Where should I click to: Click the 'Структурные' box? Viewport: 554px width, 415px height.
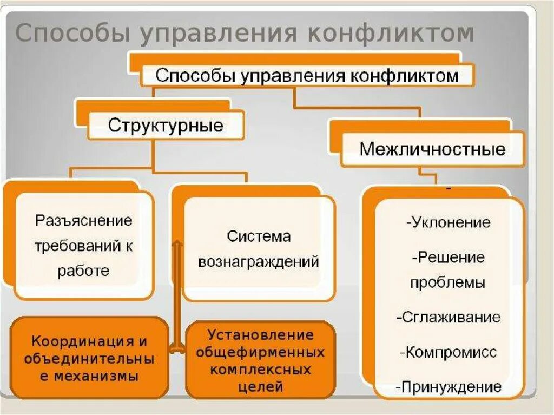coord(166,126)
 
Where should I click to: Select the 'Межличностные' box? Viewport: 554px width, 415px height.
coord(432,149)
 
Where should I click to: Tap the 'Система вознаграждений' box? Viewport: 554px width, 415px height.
coord(259,249)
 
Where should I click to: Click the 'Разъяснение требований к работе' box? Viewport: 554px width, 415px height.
coord(84,246)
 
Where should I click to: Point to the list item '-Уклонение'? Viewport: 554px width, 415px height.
coord(447,222)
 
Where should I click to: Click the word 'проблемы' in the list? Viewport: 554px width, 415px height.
coord(447,282)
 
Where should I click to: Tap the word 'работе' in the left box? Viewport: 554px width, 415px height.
coord(83,271)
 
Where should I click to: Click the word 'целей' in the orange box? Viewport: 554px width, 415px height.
coord(260,386)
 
